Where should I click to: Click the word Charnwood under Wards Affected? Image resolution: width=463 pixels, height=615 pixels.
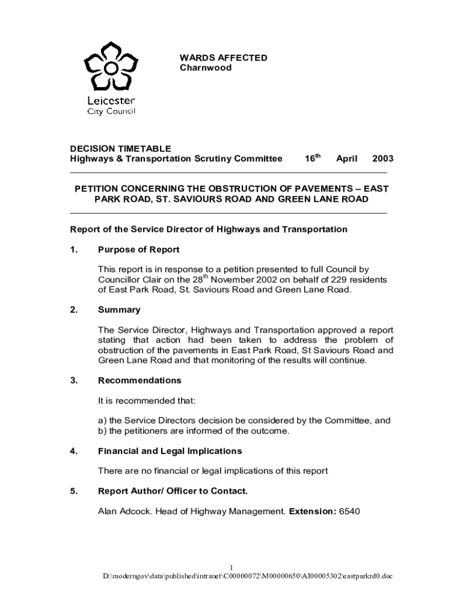206,68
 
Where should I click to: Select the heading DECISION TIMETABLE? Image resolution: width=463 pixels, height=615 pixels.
121,148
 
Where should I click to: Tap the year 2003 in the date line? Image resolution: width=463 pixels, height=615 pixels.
382,159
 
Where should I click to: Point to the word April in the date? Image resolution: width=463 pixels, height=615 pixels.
346,159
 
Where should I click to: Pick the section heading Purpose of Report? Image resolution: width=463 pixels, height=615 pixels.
139,249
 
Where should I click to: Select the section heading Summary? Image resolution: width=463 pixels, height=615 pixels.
119,310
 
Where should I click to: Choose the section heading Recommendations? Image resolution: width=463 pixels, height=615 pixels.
140,381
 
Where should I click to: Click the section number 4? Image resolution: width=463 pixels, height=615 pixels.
73,451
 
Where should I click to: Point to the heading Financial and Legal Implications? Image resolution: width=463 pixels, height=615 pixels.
170,451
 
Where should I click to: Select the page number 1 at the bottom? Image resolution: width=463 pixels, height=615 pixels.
231,568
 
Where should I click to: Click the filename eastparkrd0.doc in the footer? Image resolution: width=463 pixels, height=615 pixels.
368,577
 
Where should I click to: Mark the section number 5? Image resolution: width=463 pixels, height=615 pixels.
73,491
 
